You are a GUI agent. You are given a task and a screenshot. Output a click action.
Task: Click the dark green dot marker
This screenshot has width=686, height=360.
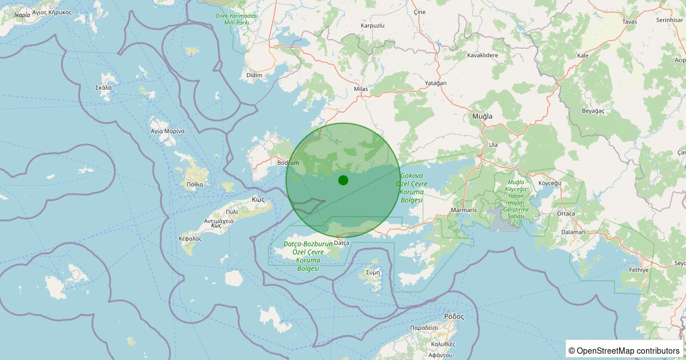[343, 180]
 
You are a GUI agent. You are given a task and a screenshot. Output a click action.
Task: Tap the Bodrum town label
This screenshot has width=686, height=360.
[288, 163]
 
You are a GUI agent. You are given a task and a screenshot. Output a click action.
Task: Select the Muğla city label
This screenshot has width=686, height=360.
[482, 116]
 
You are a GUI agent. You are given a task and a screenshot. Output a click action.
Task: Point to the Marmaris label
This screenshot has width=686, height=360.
[464, 210]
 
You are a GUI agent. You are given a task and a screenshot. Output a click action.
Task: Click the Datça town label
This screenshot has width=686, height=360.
[341, 243]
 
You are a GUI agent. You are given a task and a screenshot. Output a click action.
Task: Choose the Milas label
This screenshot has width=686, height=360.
[361, 89]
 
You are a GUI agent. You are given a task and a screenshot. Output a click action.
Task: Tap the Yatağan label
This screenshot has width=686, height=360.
[436, 83]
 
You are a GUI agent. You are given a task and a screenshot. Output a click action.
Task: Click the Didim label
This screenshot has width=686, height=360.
[254, 75]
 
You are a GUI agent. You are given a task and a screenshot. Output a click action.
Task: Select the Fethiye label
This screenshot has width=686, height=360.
[639, 270]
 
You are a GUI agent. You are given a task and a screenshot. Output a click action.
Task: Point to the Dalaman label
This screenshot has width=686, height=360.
[573, 232]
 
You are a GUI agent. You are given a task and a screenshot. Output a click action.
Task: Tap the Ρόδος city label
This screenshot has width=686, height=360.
[454, 316]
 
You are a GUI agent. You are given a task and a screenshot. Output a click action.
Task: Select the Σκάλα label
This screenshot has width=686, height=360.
[103, 88]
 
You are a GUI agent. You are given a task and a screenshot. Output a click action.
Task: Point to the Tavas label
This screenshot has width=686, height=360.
[629, 22]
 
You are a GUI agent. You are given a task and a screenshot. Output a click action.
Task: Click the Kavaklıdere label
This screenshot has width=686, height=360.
[482, 55]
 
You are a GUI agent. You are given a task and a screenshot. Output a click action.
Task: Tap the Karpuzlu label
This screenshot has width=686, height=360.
[373, 26]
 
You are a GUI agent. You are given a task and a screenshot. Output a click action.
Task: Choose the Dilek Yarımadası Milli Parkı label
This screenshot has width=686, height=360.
[236, 19]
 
